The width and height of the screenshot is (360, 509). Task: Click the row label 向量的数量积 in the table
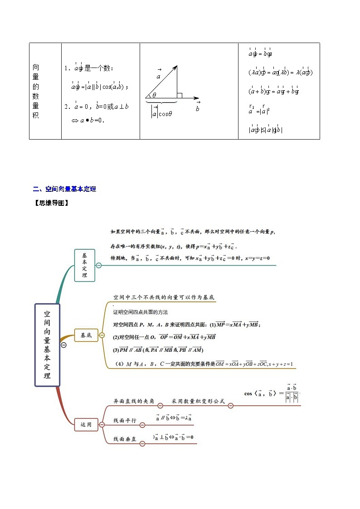click(x=36, y=91)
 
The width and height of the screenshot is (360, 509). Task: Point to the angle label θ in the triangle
click(x=154, y=95)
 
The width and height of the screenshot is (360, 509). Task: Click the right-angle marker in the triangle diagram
click(x=179, y=95)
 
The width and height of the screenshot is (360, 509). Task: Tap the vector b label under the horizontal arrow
click(x=198, y=107)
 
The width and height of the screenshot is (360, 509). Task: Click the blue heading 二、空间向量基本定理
click(x=64, y=189)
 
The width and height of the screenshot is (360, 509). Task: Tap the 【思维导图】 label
click(x=51, y=203)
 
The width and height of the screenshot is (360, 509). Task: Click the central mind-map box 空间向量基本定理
click(x=47, y=344)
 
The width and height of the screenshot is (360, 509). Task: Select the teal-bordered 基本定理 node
click(x=84, y=265)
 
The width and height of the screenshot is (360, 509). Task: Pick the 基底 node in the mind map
click(x=86, y=335)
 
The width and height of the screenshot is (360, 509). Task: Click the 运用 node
click(x=86, y=425)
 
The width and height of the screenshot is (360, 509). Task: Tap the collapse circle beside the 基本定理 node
click(x=99, y=265)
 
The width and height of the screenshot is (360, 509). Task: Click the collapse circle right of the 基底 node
click(x=102, y=335)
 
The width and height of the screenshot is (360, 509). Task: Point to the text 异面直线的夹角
click(x=134, y=401)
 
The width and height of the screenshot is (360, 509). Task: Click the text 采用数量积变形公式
click(x=198, y=401)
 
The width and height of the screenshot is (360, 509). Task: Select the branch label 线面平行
click(x=125, y=421)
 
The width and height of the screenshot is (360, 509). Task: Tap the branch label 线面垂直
click(x=125, y=439)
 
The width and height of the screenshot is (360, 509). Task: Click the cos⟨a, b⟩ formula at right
click(x=272, y=393)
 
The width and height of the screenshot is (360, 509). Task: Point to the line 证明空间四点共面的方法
click(x=141, y=312)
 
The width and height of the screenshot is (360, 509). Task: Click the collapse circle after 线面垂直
click(x=142, y=443)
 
